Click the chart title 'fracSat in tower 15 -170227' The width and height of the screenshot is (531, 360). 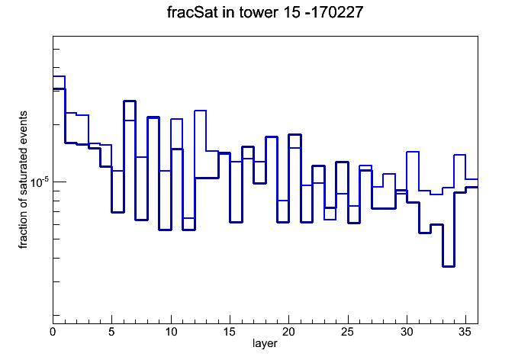coord(265,12)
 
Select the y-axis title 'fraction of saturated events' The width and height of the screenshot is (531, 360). coord(23,180)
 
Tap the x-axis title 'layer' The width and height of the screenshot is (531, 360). coord(265,343)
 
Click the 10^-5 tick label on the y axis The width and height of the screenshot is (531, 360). coord(40,182)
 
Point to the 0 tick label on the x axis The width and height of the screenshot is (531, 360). coord(53,332)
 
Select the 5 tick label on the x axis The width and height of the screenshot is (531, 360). coord(111,332)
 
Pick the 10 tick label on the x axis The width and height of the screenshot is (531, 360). coord(171,332)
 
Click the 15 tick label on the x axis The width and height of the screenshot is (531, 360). coord(230,332)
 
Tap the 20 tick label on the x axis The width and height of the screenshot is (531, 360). coord(288,332)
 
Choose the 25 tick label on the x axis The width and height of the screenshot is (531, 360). coord(348,332)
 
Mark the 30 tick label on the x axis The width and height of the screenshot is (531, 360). coord(407,332)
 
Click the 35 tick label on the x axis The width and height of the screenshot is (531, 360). coord(465,332)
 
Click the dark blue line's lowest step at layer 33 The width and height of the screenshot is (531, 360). coord(449,266)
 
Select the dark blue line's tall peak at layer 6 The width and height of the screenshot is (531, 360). coord(130,101)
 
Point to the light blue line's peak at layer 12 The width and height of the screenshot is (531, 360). coord(201,111)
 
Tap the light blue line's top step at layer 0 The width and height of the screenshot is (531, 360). coord(59,76)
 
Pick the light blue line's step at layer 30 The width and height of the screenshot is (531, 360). coord(413,152)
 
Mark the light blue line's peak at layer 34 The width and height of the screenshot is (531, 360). coord(460,155)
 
